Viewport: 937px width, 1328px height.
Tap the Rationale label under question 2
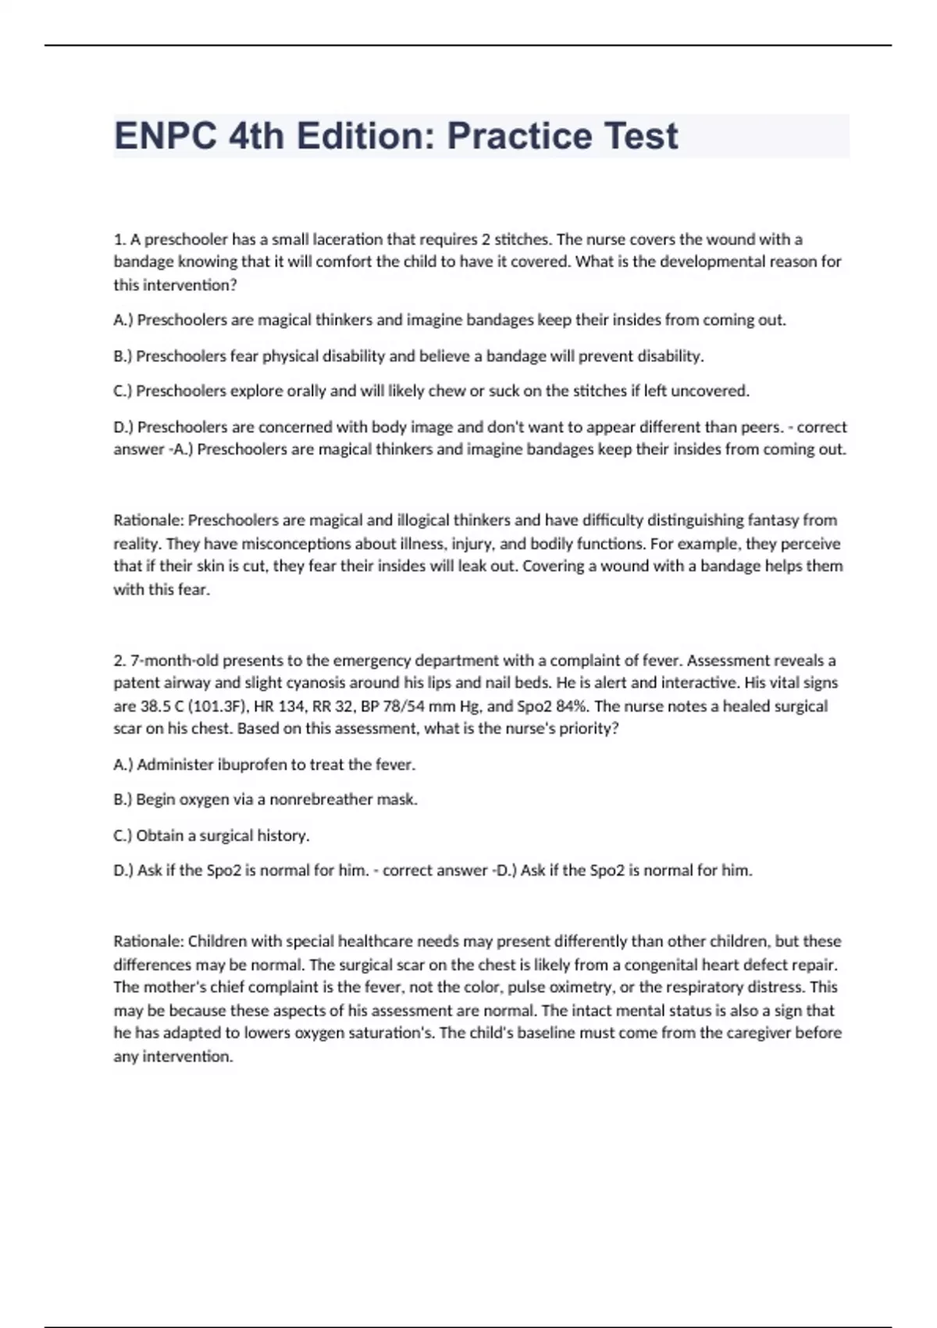[148, 941]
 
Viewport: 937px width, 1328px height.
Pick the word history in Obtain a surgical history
[283, 836]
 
